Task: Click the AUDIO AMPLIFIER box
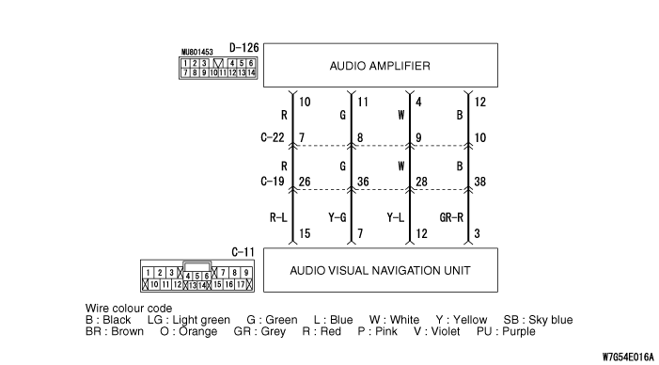coord(381,65)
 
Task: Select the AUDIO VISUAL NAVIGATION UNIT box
coord(381,270)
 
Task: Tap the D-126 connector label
coord(243,48)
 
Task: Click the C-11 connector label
coord(243,252)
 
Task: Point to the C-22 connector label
coord(273,137)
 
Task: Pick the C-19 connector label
coord(273,182)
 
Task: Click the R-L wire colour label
coord(278,217)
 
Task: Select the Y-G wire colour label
coord(337,217)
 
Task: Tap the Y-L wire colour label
coord(396,217)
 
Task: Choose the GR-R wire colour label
coord(451,217)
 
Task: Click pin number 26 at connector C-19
coord(305,182)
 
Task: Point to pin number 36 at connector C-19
coord(363,182)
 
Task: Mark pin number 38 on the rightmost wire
coord(480,182)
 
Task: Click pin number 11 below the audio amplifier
coord(363,102)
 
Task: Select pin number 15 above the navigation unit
coord(305,233)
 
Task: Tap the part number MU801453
coord(197,52)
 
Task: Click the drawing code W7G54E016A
coord(628,357)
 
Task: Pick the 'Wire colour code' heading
coord(129,309)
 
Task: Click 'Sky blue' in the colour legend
coord(551,320)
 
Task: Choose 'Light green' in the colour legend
coord(201,320)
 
